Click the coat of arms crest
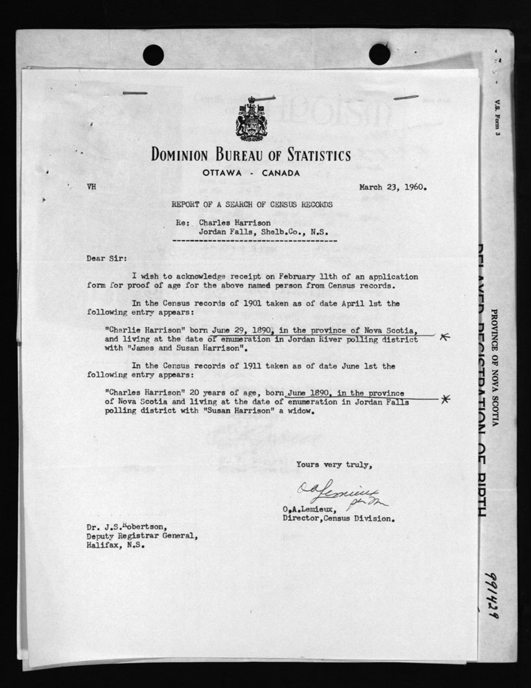(x=251, y=120)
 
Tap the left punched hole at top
(x=154, y=54)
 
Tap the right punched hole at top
(x=379, y=54)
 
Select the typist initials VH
(x=92, y=187)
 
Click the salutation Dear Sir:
(x=103, y=258)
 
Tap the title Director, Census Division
(x=338, y=519)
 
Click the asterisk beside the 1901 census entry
(x=444, y=336)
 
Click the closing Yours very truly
(x=334, y=464)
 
